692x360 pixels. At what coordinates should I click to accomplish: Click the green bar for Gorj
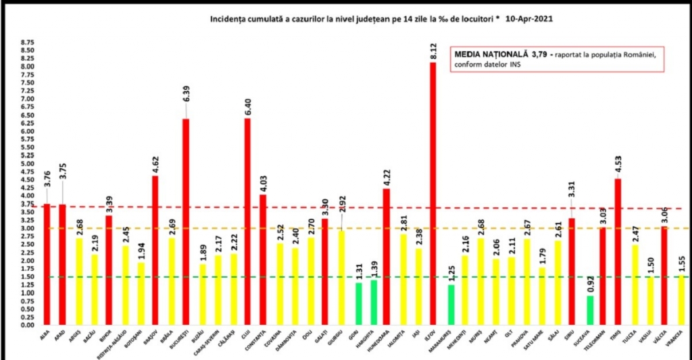358,304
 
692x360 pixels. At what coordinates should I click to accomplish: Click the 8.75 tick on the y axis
27,42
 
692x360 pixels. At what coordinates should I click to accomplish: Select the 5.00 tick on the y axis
27,163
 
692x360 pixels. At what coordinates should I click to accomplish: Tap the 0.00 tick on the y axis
27,325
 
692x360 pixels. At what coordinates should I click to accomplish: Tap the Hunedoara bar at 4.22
387,257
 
